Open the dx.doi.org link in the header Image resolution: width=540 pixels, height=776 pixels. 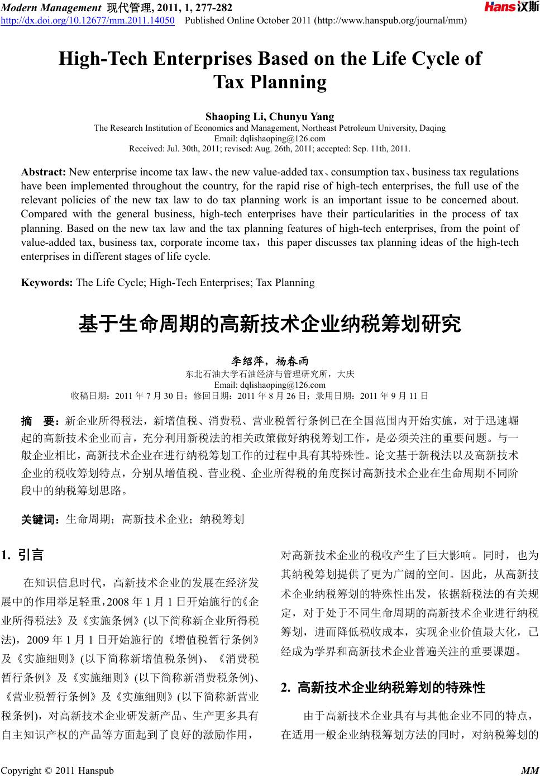[88, 21]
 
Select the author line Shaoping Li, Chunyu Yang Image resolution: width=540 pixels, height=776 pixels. [270, 117]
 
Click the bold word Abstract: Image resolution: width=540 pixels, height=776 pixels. [44, 172]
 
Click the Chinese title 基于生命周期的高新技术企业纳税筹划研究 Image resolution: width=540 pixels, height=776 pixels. [270, 323]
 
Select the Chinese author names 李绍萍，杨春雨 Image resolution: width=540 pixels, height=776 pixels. [270, 362]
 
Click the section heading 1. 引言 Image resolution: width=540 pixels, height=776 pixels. [23, 555]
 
